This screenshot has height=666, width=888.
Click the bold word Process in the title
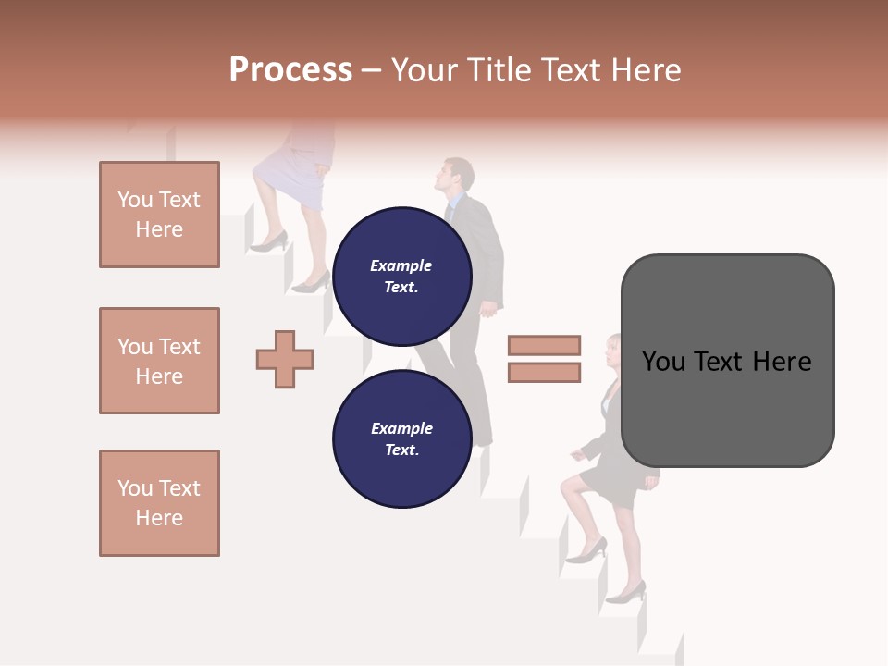point(290,70)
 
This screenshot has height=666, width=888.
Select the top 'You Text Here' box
point(159,215)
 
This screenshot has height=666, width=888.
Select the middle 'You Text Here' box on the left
point(159,361)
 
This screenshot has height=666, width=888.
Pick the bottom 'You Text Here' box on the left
point(159,503)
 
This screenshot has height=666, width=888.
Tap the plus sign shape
point(285,358)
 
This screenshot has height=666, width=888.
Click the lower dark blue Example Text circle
point(401,438)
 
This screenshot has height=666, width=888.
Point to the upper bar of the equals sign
point(544,346)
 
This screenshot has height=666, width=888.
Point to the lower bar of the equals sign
point(544,373)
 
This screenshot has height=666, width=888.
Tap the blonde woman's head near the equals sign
point(615,351)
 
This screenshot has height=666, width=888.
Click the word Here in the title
point(647,70)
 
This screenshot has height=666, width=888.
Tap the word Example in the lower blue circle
point(401,428)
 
